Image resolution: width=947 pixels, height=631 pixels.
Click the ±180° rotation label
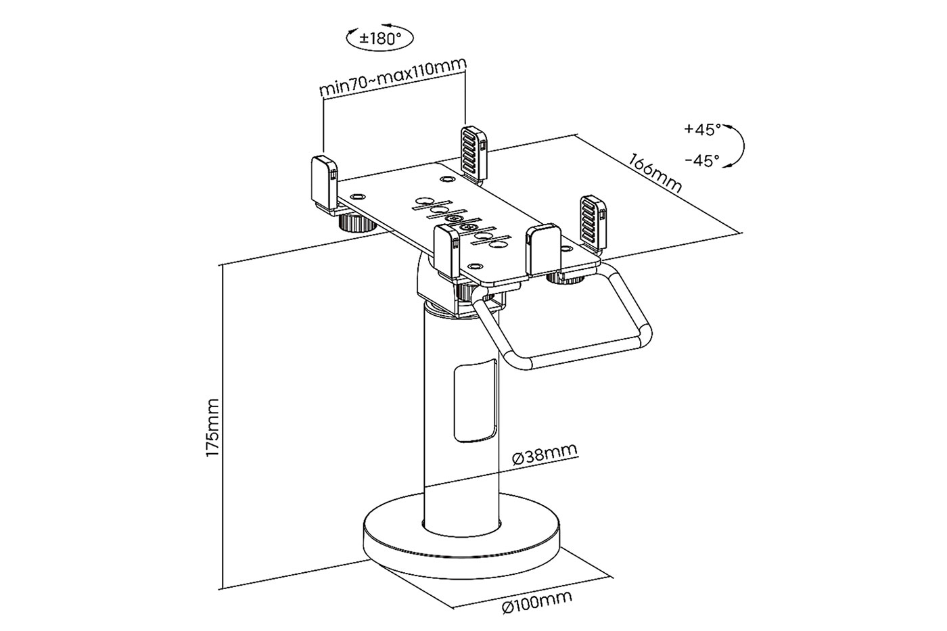coord(380,39)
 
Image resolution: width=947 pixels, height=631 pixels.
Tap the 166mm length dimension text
coord(655,173)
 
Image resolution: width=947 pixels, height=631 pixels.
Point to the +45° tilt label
coord(702,129)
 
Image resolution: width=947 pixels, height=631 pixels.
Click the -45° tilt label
coord(702,160)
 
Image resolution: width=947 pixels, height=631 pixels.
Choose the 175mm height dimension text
coord(212,427)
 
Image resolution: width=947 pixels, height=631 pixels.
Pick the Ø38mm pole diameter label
coord(545,453)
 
